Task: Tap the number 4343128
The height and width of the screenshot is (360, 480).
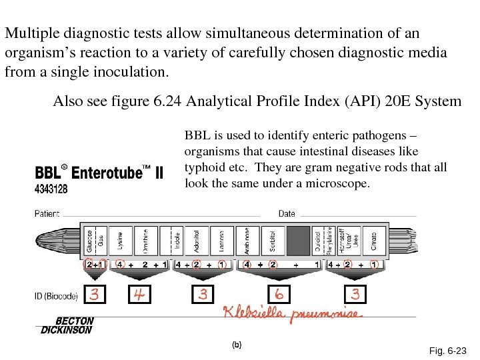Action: click(x=51, y=190)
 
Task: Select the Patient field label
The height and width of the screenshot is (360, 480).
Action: click(x=47, y=214)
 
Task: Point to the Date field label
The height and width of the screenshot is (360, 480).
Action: click(x=287, y=214)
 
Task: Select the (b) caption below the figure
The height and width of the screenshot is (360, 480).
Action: click(x=236, y=345)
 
